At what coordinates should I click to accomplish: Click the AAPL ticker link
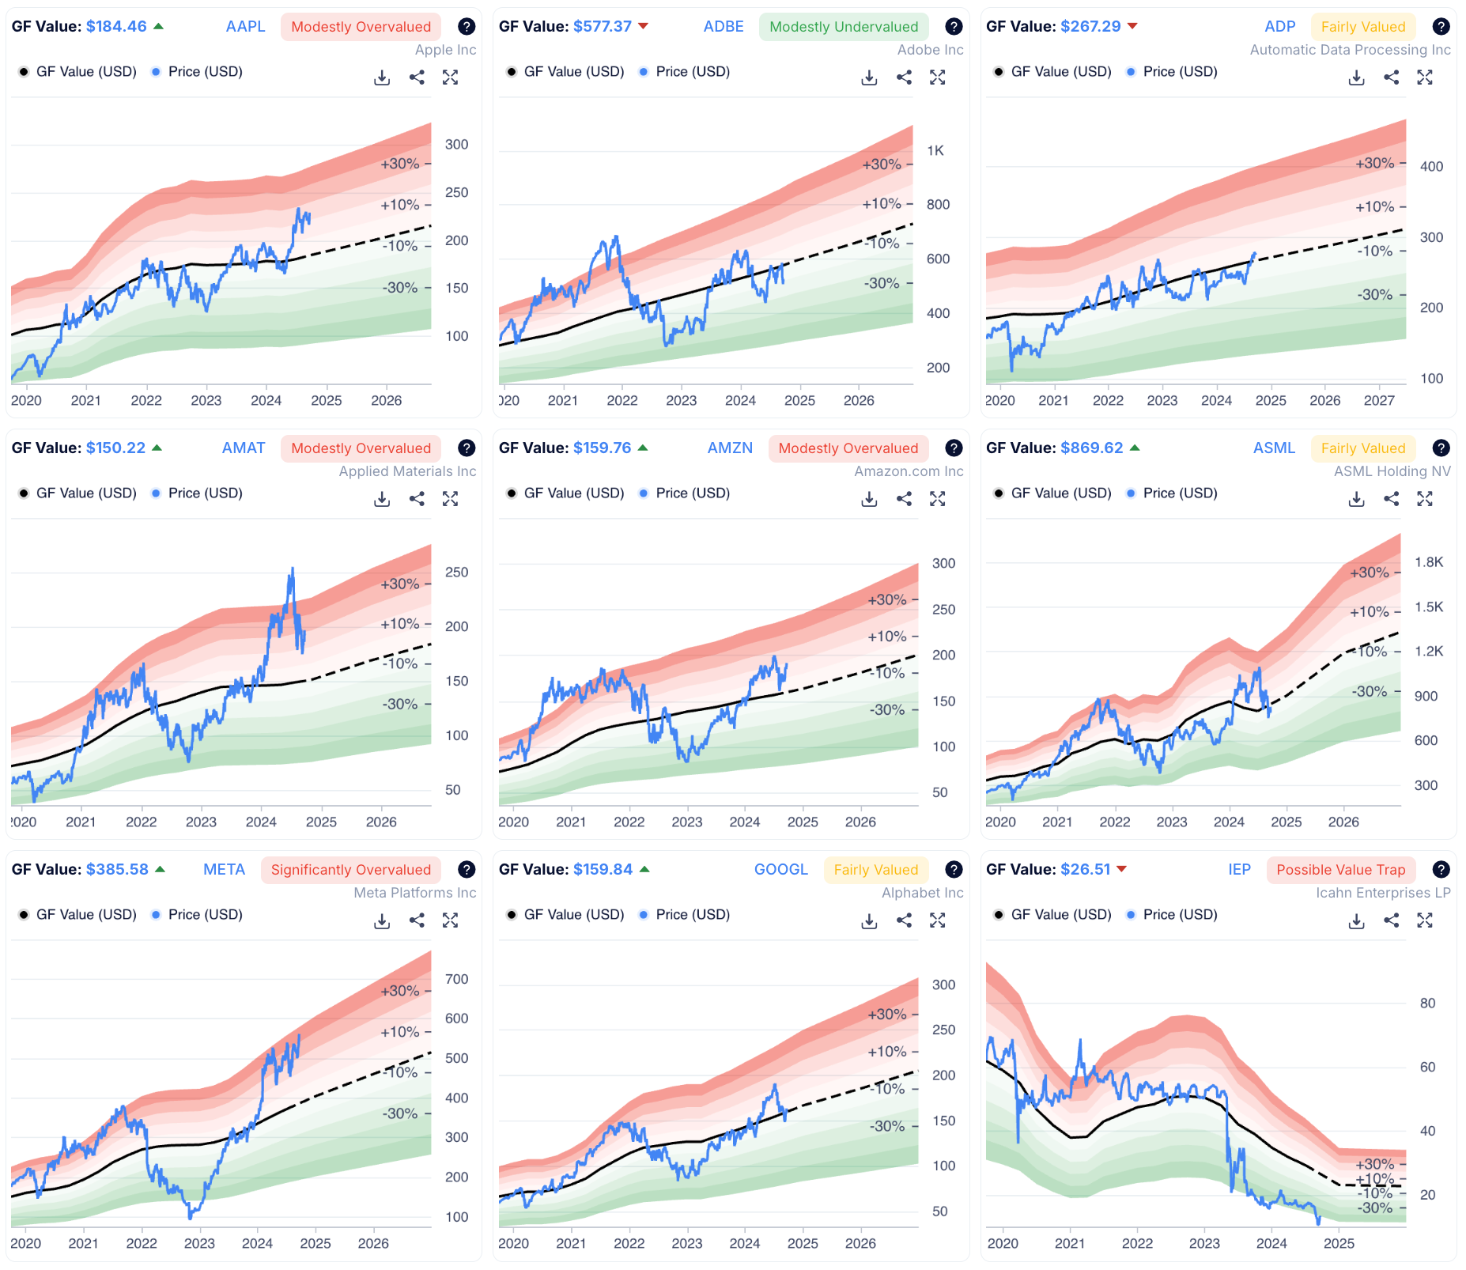(245, 26)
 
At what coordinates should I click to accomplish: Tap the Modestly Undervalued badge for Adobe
(843, 27)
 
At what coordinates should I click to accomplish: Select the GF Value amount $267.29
(1090, 26)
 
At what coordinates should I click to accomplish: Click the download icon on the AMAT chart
(382, 499)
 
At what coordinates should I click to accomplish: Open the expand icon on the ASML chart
(1424, 499)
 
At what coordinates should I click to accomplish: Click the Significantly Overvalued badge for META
(350, 870)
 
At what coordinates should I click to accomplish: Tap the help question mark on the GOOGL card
(954, 870)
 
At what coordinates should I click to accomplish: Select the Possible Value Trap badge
(1340, 870)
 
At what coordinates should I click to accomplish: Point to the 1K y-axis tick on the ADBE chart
(935, 150)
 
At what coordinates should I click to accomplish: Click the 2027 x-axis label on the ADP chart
(1378, 400)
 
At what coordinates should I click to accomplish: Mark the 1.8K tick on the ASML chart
(1428, 562)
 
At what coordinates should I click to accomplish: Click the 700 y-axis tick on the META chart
(456, 979)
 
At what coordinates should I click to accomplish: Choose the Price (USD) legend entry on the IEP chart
(1180, 914)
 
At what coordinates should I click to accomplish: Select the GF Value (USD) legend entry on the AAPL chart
(85, 71)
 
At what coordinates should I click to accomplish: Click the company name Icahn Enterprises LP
(1382, 893)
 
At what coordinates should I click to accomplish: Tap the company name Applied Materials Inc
(407, 471)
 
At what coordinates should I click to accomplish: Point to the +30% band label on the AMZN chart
(886, 599)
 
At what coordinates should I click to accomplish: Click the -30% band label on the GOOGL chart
(886, 1126)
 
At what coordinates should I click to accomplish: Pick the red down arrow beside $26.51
(1121, 869)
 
